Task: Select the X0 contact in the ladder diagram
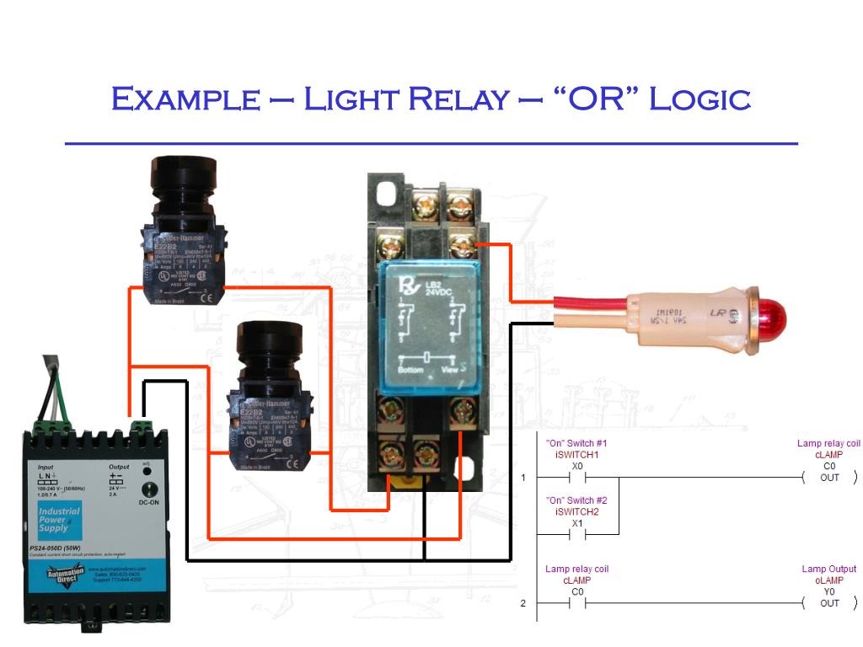pos(577,478)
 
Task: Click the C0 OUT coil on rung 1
pos(829,478)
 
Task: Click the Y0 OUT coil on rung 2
pos(829,603)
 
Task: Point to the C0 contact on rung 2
pos(577,603)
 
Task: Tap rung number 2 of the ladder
pos(523,603)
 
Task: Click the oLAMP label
pos(829,580)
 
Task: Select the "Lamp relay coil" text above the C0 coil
pos(829,443)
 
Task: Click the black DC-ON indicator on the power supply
pos(152,489)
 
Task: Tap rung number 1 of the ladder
pos(523,478)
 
